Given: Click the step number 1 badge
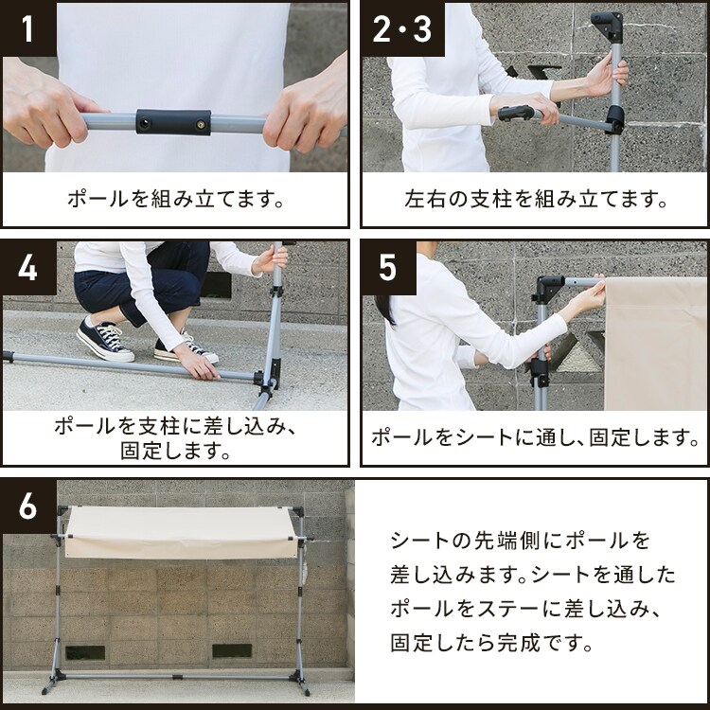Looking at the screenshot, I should click(28, 29).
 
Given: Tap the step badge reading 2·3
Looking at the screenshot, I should click(401, 29).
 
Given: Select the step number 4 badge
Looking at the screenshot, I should click(28, 268).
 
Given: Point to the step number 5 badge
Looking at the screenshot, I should click(388, 268).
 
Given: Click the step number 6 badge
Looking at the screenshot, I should click(28, 506).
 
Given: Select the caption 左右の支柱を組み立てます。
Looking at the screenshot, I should click(535, 201).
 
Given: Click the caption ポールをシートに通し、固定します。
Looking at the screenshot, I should click(535, 437).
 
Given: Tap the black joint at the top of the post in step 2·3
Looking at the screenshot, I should click(607, 23).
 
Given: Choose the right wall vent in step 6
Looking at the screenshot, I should click(232, 652).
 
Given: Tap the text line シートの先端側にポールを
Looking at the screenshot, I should click(520, 541).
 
